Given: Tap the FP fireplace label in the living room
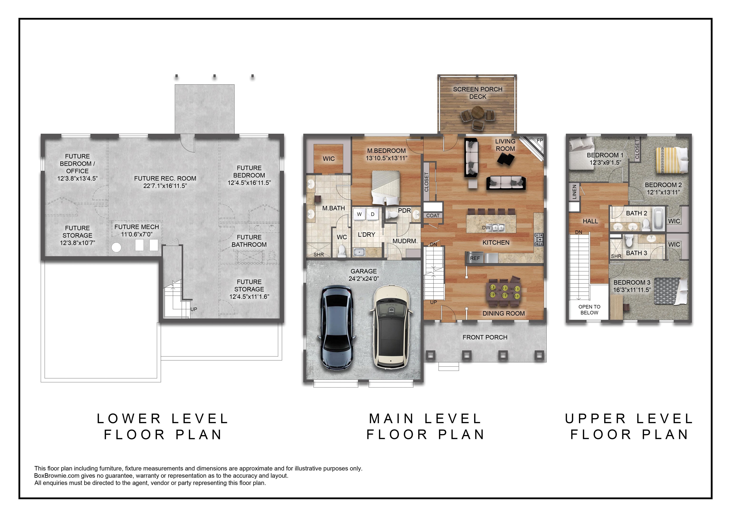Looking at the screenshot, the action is (540, 140).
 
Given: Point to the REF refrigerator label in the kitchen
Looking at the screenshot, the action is (475, 258).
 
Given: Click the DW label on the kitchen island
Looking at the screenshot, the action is (486, 228).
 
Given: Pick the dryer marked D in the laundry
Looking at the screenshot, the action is (372, 214).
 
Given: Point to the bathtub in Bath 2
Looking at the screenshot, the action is (659, 219).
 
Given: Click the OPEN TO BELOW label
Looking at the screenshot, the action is (589, 310).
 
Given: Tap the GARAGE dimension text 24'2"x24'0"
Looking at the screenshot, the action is (364, 279).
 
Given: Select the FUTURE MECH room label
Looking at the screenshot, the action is (137, 227).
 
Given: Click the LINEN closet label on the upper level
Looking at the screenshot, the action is (574, 192).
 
